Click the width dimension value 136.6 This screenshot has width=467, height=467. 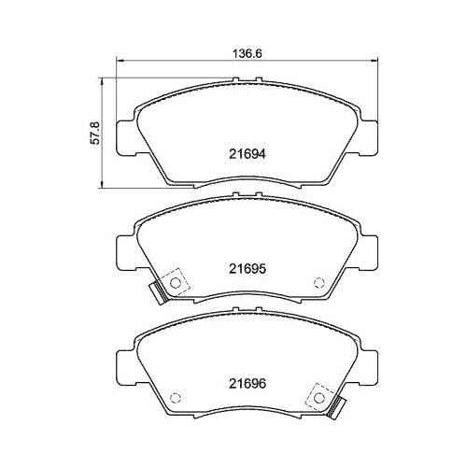(244, 53)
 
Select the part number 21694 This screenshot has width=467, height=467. (248, 155)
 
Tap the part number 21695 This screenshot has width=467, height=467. (248, 267)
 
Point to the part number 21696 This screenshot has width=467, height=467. (248, 381)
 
